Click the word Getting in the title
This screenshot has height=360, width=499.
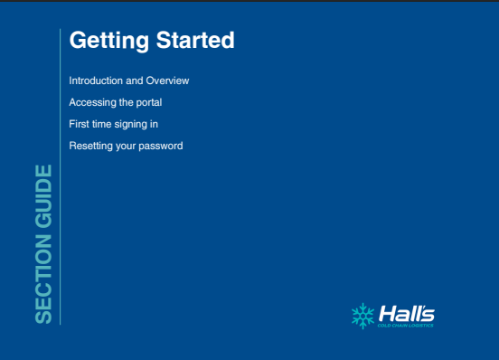pos(109,41)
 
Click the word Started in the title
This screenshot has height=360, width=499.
pos(195,40)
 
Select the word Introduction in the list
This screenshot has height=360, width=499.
pos(96,81)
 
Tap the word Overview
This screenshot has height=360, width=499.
pos(167,81)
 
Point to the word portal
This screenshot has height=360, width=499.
pos(149,103)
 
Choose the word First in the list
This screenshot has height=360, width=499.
pos(79,124)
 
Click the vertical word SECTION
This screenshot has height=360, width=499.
pos(43,279)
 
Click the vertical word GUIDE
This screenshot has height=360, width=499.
pos(43,196)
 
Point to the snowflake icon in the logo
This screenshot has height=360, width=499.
pos(362,316)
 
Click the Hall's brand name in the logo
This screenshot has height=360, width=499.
pos(407,314)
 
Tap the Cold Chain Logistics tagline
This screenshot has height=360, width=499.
pos(405,326)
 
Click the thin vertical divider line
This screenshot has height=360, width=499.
pos(61,176)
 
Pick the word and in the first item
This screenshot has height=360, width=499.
pos(135,81)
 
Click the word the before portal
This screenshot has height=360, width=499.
pos(126,102)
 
